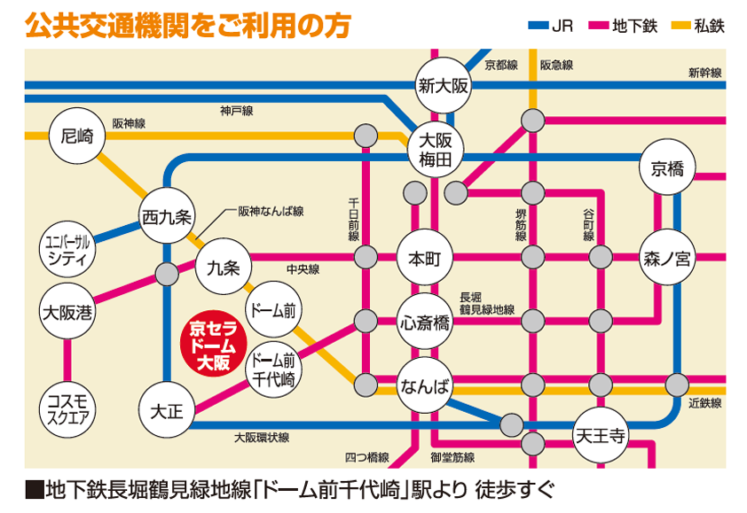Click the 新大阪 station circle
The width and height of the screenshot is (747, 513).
coord(443,85)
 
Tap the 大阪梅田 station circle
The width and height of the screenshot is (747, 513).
coord(436,150)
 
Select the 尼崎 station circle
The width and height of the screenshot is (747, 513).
coord(77,136)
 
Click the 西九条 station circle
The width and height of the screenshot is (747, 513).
coord(168,214)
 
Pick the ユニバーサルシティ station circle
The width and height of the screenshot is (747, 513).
coord(68,250)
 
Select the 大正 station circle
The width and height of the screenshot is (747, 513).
coord(166,410)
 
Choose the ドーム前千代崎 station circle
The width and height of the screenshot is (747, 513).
coord(273,369)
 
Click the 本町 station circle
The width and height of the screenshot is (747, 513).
coord(425,259)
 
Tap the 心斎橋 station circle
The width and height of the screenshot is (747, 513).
coord(425,322)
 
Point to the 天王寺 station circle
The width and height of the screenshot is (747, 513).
coord(601,434)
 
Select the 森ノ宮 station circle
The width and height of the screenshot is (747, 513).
coord(667,259)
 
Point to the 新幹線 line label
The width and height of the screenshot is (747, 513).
coord(704,73)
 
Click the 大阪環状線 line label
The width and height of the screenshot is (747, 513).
coord(262,438)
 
